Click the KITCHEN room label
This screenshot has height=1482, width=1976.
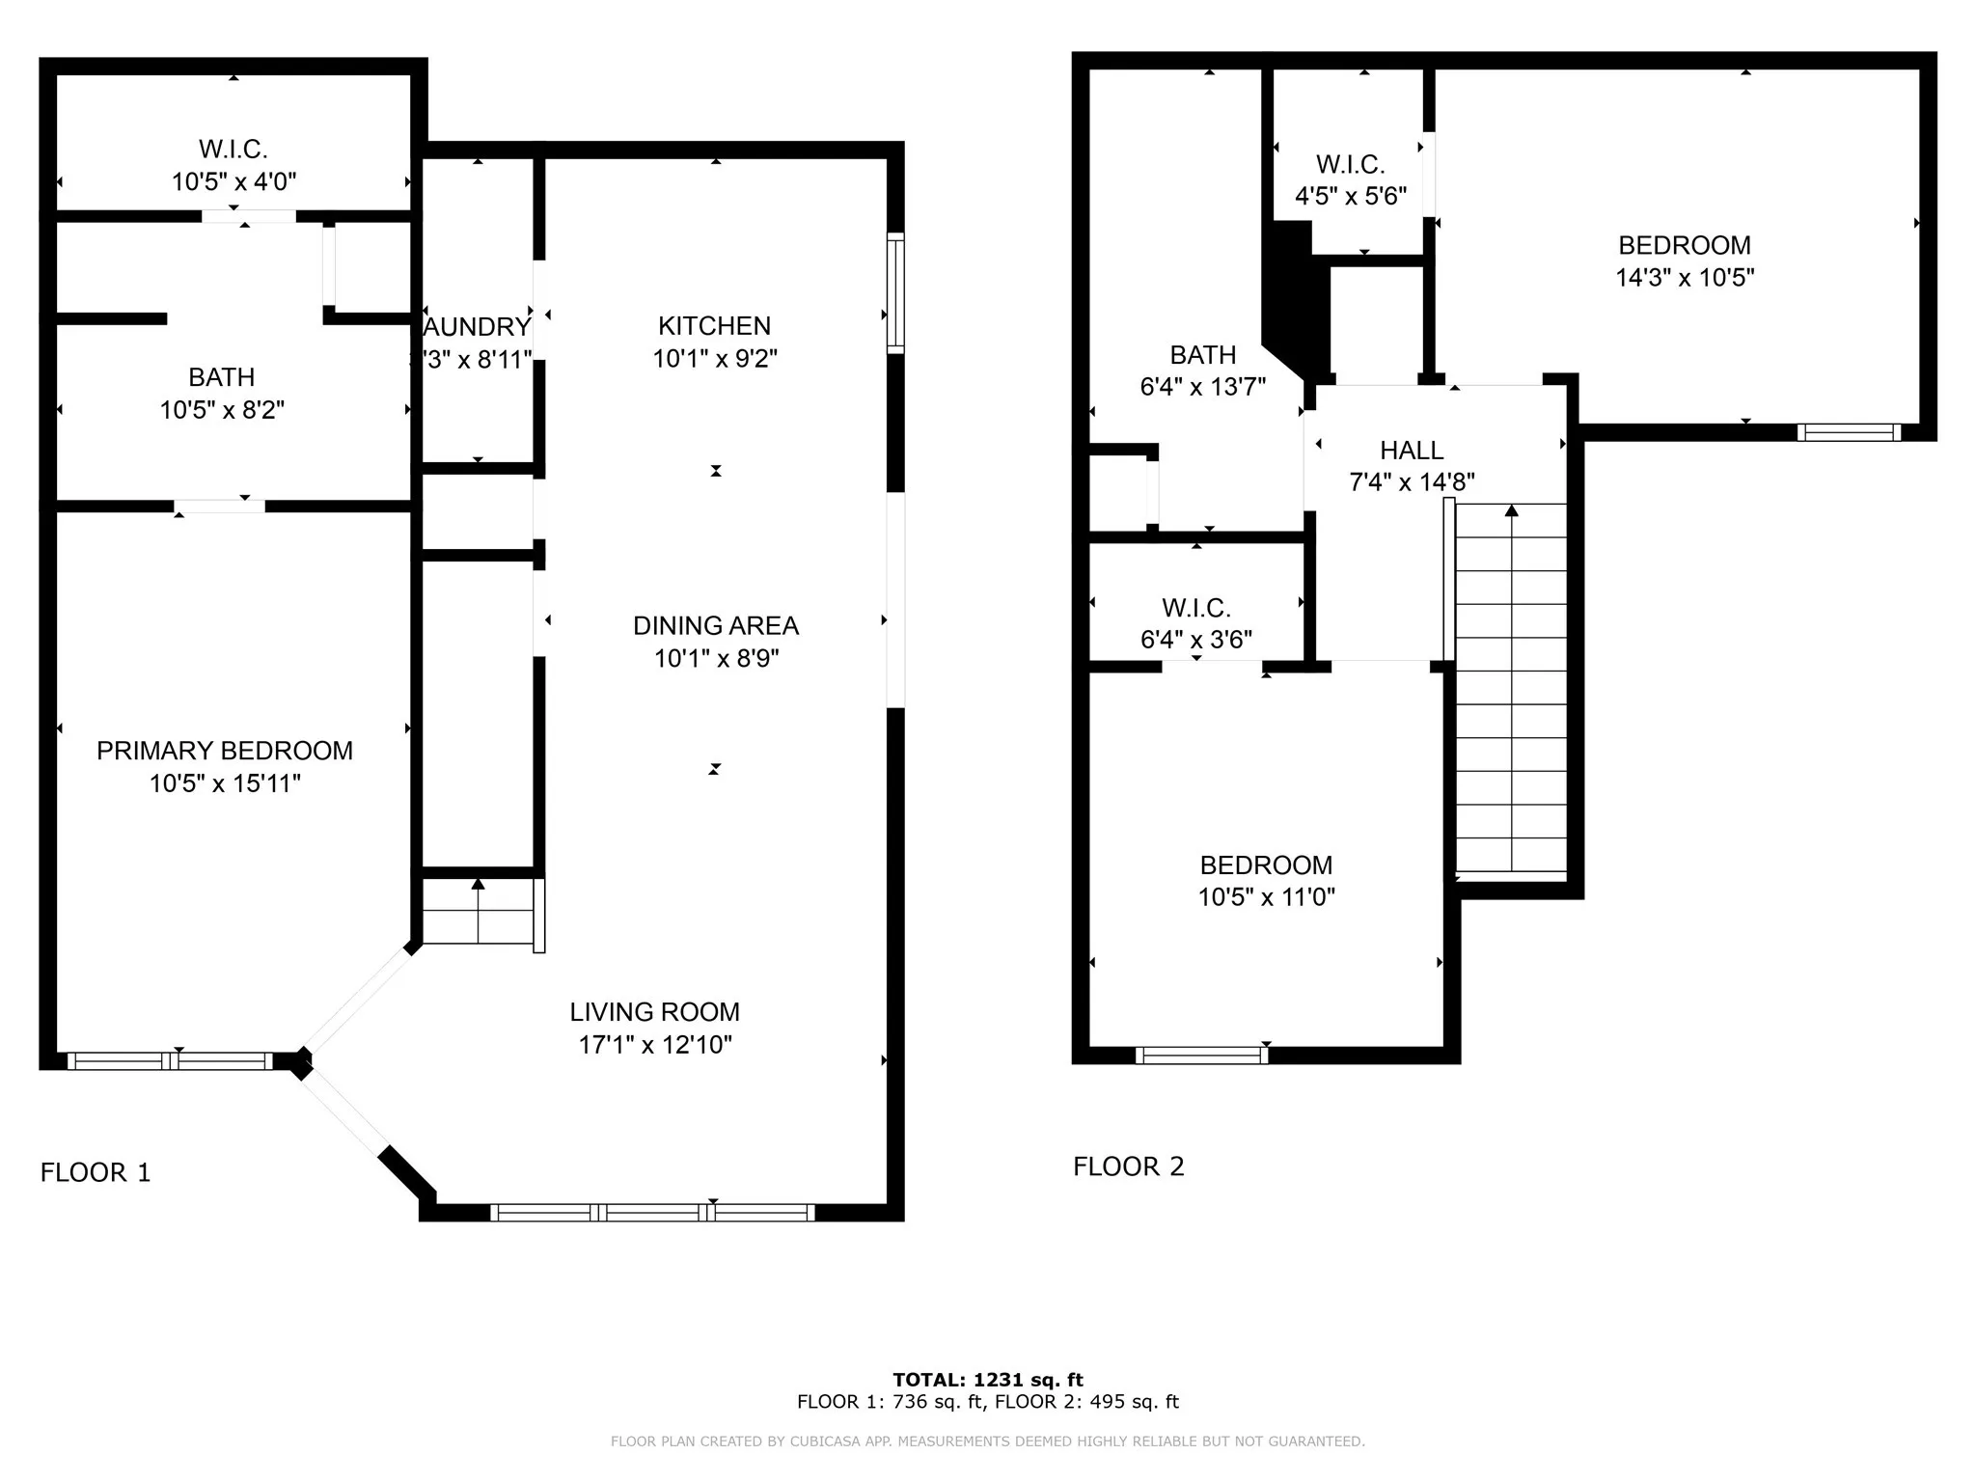[714, 326]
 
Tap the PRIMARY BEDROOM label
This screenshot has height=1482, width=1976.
[224, 751]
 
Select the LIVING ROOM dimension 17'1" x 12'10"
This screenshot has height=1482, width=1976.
[655, 1045]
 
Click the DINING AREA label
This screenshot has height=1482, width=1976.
[715, 626]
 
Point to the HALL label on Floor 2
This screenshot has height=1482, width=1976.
[1411, 451]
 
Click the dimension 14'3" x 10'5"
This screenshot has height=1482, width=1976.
[1684, 278]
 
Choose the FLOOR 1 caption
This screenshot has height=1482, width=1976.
[96, 1172]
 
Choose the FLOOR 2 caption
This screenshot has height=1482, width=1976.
[1128, 1166]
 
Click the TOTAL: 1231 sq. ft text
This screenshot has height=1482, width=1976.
[987, 1380]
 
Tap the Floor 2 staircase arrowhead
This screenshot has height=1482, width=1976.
[1511, 510]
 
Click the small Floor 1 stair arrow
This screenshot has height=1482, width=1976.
[478, 883]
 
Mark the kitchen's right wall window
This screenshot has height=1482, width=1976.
[895, 292]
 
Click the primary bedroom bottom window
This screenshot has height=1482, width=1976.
[170, 1061]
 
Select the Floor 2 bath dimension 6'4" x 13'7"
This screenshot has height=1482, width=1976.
[1202, 387]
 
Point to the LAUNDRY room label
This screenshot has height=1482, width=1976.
[477, 327]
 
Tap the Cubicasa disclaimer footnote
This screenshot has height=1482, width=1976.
[987, 1441]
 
